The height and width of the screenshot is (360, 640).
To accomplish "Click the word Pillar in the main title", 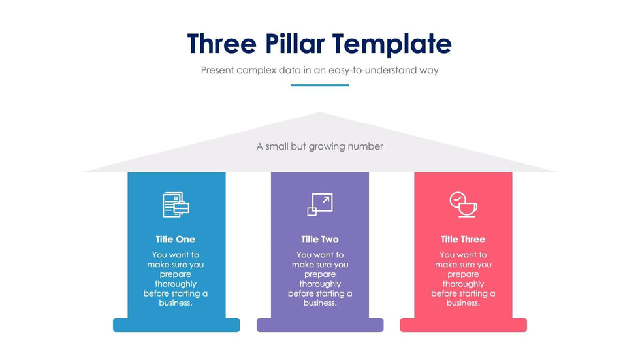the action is tap(295, 44).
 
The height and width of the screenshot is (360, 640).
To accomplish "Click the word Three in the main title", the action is tap(222, 44).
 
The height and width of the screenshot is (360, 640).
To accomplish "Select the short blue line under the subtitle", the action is tap(319, 86).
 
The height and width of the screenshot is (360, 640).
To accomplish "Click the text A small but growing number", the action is tap(319, 146).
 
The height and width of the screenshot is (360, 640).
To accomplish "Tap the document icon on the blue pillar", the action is tap(176, 205).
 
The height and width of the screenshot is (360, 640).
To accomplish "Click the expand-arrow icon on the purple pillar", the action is tap(320, 204).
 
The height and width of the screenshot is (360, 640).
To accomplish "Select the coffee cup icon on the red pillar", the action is tap(463, 205).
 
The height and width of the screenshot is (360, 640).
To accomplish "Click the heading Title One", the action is tap(176, 240).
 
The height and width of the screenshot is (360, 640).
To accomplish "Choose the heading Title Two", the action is tap(320, 240).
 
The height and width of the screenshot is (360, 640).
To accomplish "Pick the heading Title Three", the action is tap(463, 240).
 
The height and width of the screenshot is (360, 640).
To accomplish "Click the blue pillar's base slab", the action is tap(176, 325).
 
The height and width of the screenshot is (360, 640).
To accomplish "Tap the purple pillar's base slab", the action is tap(320, 325).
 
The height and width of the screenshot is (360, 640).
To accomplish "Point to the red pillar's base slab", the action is tap(463, 325).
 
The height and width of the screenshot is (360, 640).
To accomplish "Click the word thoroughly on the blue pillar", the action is tap(176, 284).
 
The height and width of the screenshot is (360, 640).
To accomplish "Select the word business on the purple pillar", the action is tap(319, 303).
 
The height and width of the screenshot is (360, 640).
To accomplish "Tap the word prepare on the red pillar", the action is tap(463, 274).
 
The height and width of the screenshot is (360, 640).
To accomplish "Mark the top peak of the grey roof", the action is tap(319, 112).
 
